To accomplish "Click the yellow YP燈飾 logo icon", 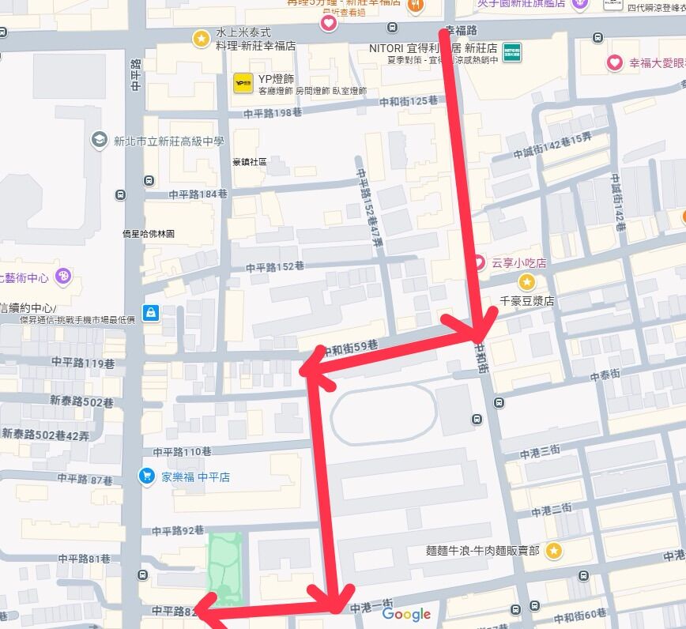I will pyautogui.click(x=243, y=81).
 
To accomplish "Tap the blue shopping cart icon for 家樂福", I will pyautogui.click(x=146, y=476).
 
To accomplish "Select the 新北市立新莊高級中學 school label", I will pyautogui.click(x=168, y=141).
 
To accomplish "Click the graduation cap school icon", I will pyautogui.click(x=99, y=140).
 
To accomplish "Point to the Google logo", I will pyautogui.click(x=406, y=614).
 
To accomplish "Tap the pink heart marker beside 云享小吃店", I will pyautogui.click(x=479, y=262).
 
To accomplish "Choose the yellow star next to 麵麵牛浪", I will pyautogui.click(x=554, y=550).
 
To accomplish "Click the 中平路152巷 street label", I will pyautogui.click(x=274, y=267).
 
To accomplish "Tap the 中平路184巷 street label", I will pyautogui.click(x=198, y=194).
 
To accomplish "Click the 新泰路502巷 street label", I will pyautogui.click(x=81, y=401).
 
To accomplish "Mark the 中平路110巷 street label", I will pyautogui.click(x=183, y=452).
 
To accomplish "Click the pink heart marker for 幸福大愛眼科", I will pyautogui.click(x=614, y=62).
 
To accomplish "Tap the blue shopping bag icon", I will pyautogui.click(x=151, y=313).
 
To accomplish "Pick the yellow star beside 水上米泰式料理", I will pyautogui.click(x=201, y=37).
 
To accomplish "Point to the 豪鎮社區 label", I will pyautogui.click(x=250, y=162).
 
